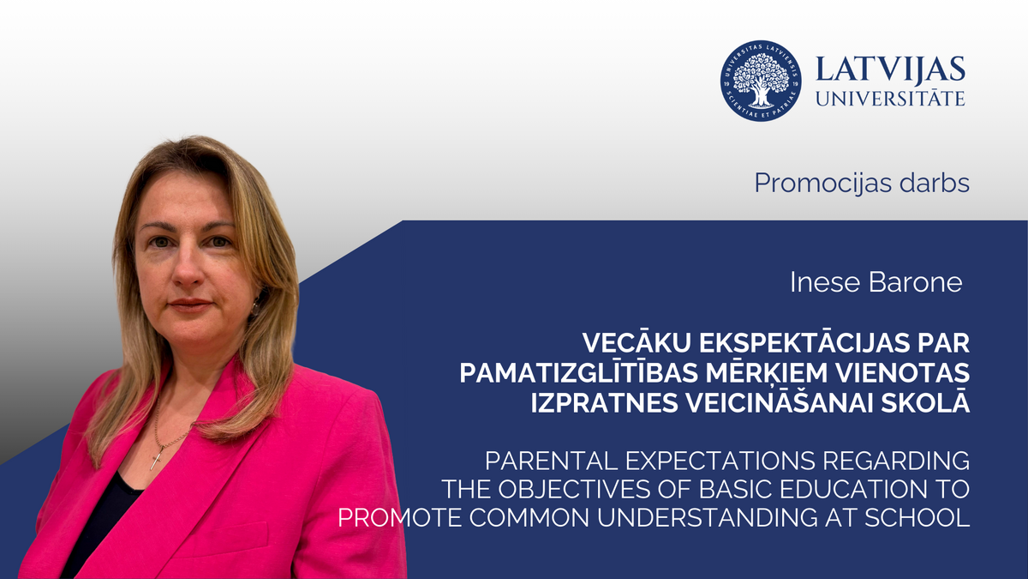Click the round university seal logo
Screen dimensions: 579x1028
(761, 81)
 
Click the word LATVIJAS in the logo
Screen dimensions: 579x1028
(891, 69)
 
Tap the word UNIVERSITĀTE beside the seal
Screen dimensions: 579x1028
(891, 99)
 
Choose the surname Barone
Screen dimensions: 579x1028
(918, 283)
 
